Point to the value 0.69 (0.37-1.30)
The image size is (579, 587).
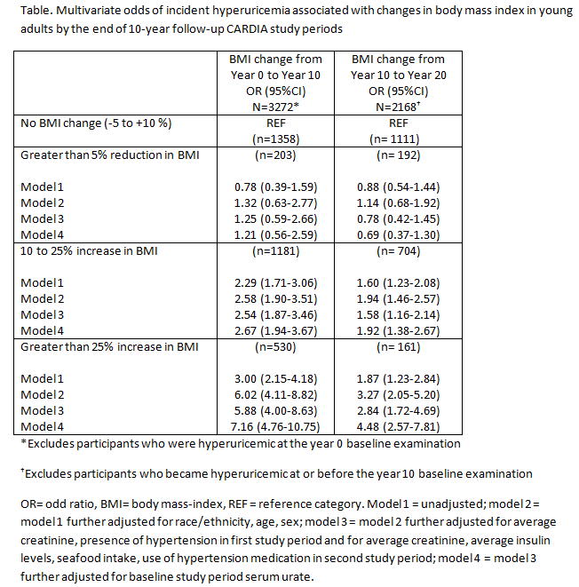tap(399, 234)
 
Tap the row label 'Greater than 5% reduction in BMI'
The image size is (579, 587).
tap(110, 155)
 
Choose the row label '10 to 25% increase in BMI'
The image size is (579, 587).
tap(89, 251)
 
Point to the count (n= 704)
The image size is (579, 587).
tap(399, 251)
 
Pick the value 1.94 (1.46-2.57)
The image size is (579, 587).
tap(399, 298)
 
